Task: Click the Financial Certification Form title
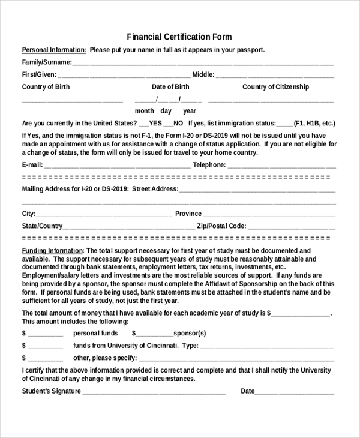pos(179,37)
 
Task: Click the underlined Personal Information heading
pos(54,50)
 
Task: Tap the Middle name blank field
pos(275,76)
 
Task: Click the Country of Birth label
pos(46,87)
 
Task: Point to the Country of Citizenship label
pos(275,87)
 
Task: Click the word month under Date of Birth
pos(144,111)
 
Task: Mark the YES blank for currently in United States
pos(143,124)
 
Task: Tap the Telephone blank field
pos(281,166)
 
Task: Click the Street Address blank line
pos(257,190)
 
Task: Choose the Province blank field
pos(269,215)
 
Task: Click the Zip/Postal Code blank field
pos(292,227)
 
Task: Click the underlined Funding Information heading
pos(52,251)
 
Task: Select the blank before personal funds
pos(45,334)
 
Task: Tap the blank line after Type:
pos(266,347)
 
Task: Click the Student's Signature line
pos(154,392)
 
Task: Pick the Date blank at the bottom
pos(295,392)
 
